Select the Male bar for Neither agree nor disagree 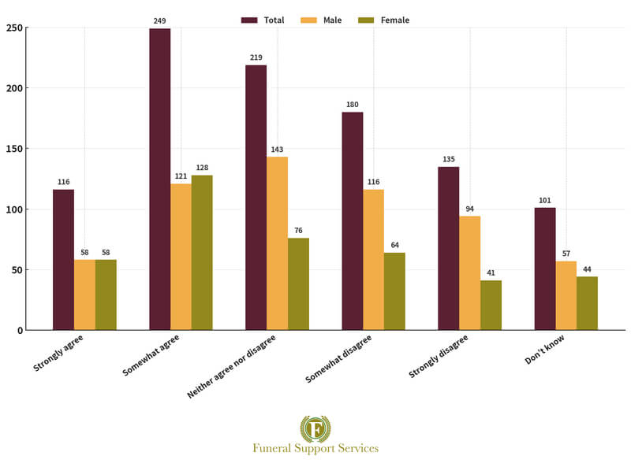(277, 243)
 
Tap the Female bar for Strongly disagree (491, 305)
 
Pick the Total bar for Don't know (545, 269)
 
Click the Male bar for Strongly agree (84, 294)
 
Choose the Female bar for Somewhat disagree (394, 291)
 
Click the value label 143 (277, 149)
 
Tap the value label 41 (491, 272)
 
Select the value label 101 (545, 200)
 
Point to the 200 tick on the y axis (14, 88)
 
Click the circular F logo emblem (315, 428)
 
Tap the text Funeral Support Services (315, 448)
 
